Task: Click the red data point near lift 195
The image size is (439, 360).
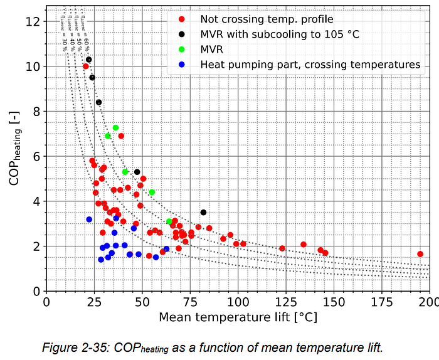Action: (420, 254)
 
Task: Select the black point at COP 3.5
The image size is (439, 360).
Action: (203, 213)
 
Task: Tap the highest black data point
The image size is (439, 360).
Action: (89, 60)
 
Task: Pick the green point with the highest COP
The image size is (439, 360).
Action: (115, 128)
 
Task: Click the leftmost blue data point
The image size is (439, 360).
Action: (89, 220)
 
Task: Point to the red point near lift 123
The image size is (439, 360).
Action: (282, 248)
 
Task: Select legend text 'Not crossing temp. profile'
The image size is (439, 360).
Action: (267, 20)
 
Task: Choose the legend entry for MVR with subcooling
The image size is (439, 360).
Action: (280, 34)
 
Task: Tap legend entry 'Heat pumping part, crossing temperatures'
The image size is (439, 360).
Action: (310, 64)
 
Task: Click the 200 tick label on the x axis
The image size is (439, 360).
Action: (429, 302)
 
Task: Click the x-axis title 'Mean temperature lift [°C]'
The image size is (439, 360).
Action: (238, 317)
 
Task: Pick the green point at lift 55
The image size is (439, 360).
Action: (152, 192)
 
